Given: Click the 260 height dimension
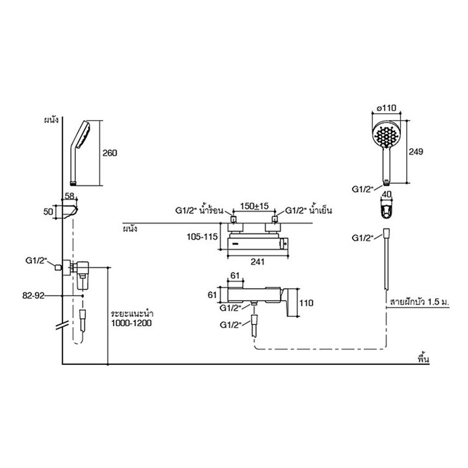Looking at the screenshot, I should (110, 153).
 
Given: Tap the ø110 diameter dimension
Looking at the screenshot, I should (387, 108).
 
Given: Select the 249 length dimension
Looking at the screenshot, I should (416, 151).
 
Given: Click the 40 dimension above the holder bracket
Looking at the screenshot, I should (387, 194).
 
